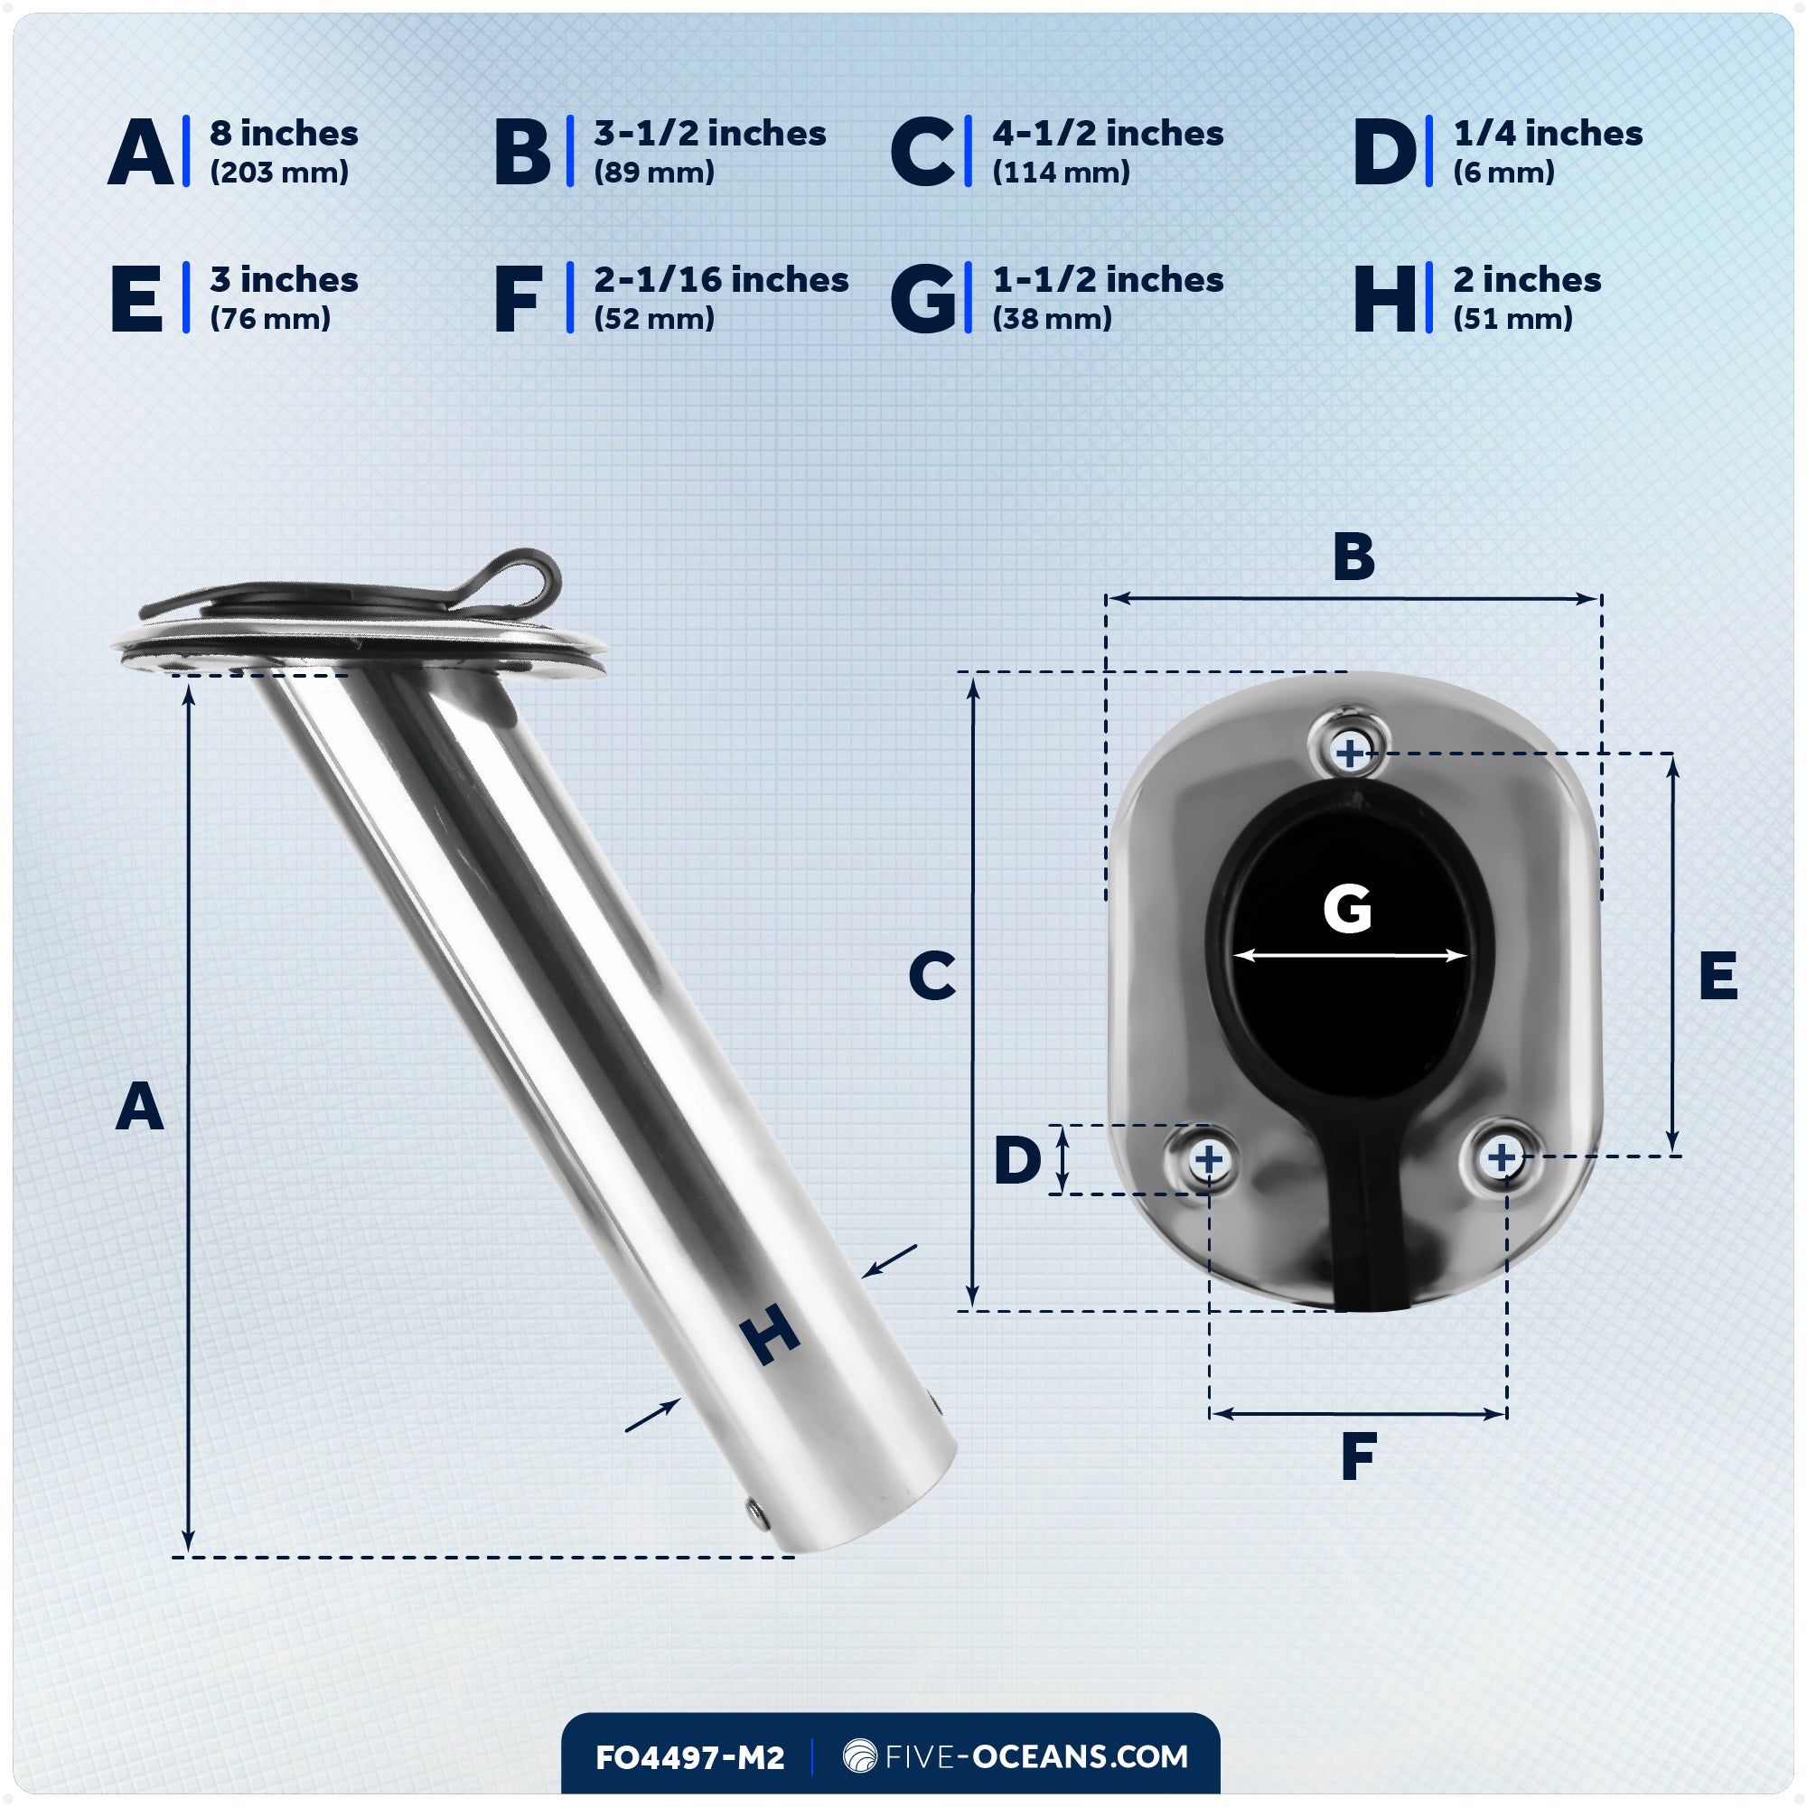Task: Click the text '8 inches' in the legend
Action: coord(284,134)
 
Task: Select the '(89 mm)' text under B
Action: coord(654,172)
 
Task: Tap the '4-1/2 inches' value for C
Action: coord(1108,134)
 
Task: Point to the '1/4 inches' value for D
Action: coord(1547,134)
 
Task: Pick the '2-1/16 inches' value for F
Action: coord(720,280)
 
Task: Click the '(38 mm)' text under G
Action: coord(1052,319)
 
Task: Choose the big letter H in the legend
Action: coord(1384,298)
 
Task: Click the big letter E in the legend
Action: coord(136,298)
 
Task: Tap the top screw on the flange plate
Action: coord(1349,752)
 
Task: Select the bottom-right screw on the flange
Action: coord(1501,1157)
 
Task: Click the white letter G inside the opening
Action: coord(1347,909)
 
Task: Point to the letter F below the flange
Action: coord(1358,1456)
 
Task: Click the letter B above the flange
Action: coord(1353,557)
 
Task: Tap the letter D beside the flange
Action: coord(1016,1160)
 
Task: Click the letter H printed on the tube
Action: coord(769,1334)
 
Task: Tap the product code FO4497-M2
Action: coord(689,1757)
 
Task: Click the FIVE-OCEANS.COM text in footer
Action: coord(1035,1756)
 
